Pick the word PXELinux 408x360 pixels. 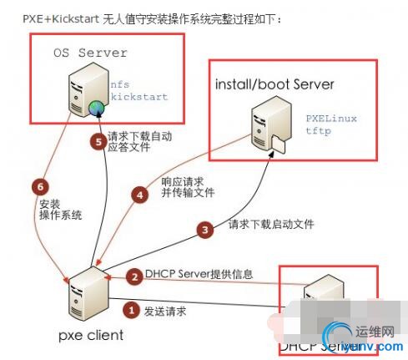[332, 119]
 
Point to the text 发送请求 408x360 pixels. [165, 312]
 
